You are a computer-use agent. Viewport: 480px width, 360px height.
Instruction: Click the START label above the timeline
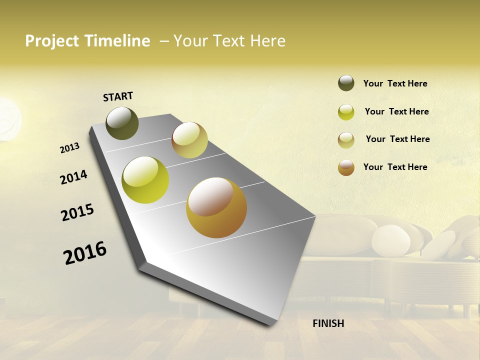118,96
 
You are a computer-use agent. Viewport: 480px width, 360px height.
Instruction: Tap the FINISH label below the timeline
328,323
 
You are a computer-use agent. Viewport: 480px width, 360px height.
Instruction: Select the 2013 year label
70,147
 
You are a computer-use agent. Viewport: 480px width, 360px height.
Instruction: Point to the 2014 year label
73,177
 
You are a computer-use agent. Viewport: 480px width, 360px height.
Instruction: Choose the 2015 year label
77,212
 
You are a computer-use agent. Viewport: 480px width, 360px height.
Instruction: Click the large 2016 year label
85,253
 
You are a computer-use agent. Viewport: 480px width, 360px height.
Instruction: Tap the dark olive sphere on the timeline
122,123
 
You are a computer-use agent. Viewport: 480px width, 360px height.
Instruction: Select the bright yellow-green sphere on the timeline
145,180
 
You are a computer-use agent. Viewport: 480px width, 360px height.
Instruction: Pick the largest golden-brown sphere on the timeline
216,207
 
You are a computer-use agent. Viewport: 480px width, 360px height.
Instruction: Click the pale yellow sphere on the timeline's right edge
189,140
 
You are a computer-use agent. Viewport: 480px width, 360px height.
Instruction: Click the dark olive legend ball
346,83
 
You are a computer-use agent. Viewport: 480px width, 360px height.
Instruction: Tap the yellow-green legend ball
346,112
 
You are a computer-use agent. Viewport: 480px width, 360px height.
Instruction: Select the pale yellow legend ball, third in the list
346,140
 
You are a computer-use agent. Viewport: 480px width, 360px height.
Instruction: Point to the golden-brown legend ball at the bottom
346,167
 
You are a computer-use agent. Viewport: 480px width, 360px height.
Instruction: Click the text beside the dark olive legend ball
395,84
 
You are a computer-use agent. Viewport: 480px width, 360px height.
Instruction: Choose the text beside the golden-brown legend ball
395,167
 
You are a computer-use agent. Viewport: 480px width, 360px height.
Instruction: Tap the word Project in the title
51,41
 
